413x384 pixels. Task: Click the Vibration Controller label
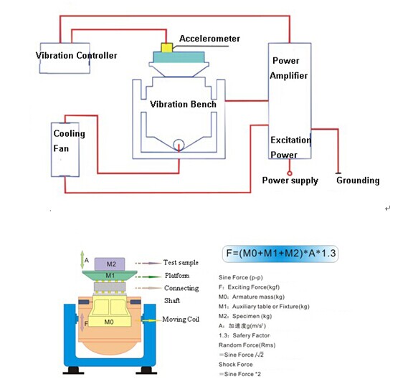coord(77,55)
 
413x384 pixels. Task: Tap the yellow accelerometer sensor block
coord(166,48)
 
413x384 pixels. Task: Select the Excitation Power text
coord(289,147)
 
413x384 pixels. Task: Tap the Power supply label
coord(290,181)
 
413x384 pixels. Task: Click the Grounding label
coord(358,181)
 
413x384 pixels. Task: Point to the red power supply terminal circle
coord(290,172)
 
